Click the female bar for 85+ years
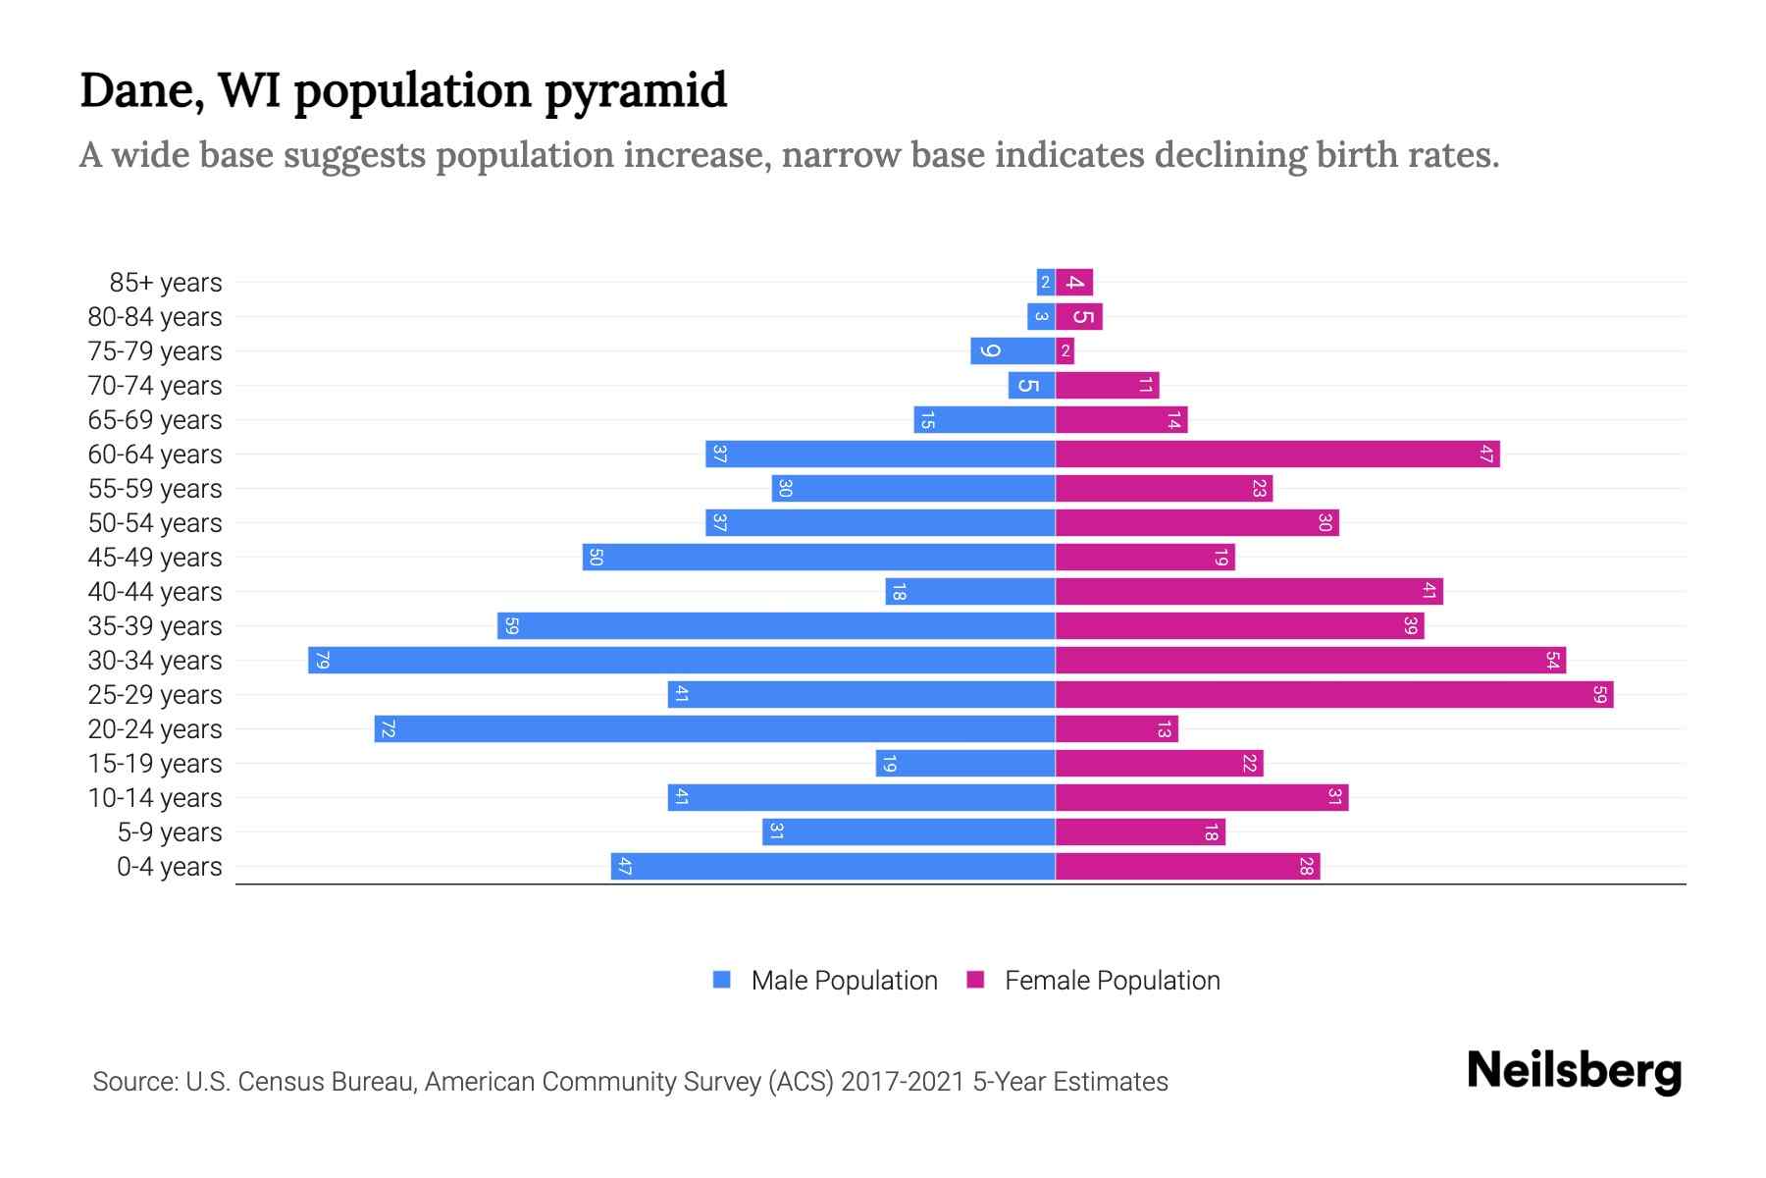click(1074, 283)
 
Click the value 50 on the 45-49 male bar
click(595, 558)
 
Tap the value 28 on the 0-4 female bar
click(1306, 867)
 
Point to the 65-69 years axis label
click(155, 420)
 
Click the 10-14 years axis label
click(155, 798)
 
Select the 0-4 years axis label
click(169, 867)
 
